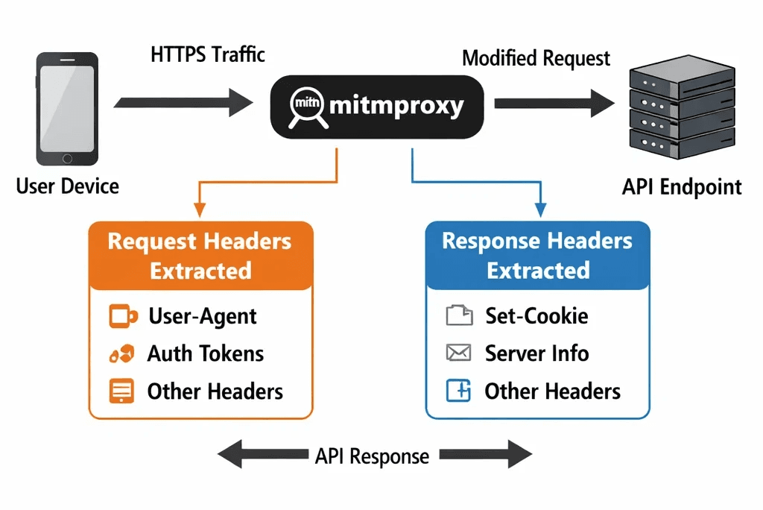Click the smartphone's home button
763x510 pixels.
67,158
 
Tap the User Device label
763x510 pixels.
67,186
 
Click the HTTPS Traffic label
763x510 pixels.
208,54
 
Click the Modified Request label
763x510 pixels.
536,58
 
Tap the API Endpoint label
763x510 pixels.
682,186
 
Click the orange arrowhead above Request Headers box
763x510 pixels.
199,212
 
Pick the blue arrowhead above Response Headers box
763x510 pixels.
540,212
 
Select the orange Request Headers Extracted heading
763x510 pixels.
200,256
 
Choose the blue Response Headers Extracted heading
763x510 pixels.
537,256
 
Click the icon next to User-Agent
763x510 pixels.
122,316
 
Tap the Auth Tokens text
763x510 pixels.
205,353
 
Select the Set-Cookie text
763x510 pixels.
536,316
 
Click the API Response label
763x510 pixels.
372,456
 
